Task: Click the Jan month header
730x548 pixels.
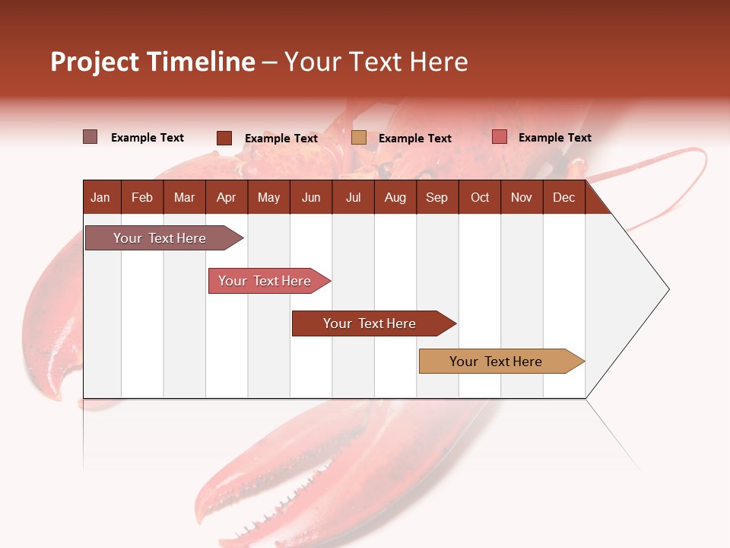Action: pos(100,197)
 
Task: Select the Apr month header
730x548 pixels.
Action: pos(227,197)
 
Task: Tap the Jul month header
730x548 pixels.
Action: pos(353,197)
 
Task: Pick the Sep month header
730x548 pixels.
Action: pos(436,197)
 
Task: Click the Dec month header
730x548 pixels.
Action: pos(563,197)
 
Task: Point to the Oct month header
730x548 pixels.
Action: pos(480,197)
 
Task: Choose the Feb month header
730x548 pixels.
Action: pos(142,197)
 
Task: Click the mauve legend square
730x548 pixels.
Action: pos(90,137)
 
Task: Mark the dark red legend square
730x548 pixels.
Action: pos(224,138)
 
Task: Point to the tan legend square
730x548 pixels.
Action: pos(359,138)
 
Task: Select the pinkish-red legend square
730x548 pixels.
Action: pos(500,137)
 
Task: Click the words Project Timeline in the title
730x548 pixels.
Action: pos(152,62)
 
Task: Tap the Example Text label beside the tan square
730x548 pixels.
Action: pos(415,138)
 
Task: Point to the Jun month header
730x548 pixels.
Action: pos(311,197)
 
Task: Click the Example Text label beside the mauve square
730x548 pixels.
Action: pos(148,137)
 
